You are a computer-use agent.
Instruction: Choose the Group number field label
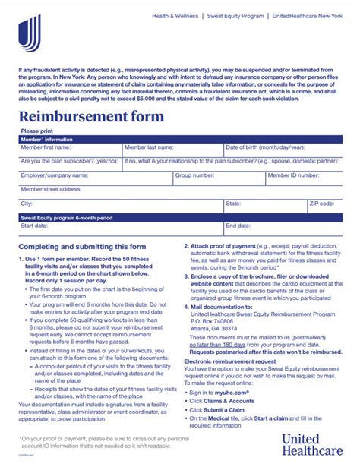[194, 175]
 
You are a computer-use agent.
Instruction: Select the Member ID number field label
[292, 175]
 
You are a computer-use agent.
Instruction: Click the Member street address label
[50, 189]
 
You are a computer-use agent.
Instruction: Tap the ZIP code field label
[321, 204]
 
